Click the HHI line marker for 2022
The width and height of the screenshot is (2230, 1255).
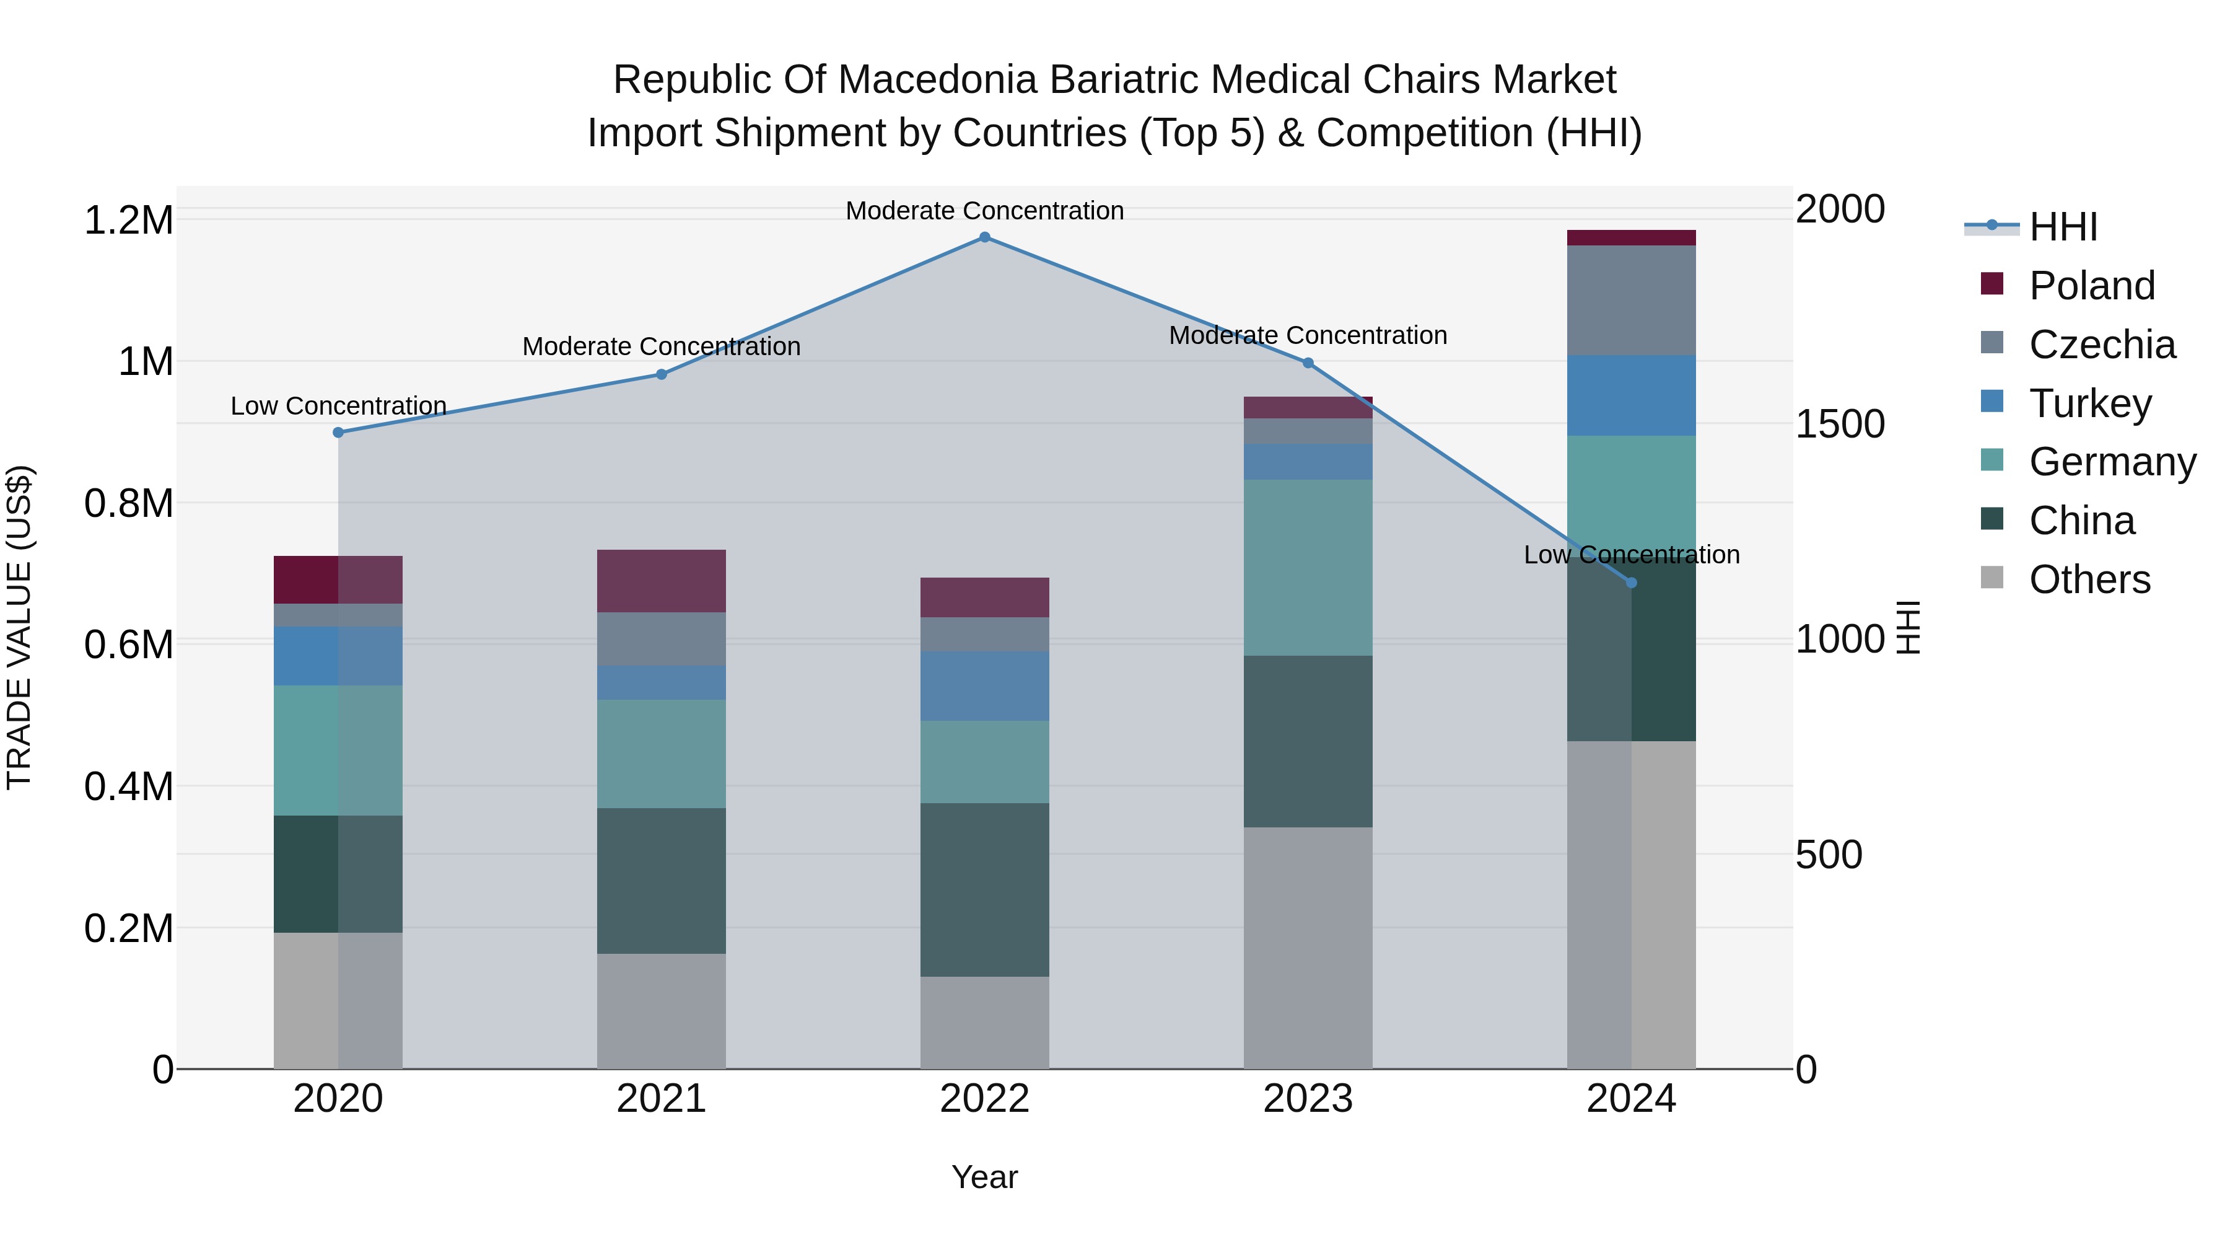pos(984,237)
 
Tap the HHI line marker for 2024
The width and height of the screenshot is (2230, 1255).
pos(1631,583)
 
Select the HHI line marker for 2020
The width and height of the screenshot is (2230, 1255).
pos(338,432)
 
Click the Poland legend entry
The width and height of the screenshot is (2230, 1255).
pos(2091,286)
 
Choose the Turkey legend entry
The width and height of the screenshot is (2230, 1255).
pos(2089,403)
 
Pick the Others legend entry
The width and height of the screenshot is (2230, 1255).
pos(2089,579)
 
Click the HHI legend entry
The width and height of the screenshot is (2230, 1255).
pos(2062,227)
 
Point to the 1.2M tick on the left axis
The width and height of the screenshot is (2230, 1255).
pos(128,220)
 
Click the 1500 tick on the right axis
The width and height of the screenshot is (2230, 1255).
pos(1840,425)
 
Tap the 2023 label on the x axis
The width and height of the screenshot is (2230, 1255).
pos(1307,1099)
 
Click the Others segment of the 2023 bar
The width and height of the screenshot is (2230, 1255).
pos(1307,948)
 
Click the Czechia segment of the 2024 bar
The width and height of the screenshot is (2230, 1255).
pos(1631,300)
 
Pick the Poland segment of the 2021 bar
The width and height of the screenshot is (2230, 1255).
pos(662,581)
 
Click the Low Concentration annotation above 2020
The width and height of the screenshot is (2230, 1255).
pos(338,405)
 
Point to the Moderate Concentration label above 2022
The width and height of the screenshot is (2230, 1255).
pos(984,211)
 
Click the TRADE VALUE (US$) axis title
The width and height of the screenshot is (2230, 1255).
pos(19,627)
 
